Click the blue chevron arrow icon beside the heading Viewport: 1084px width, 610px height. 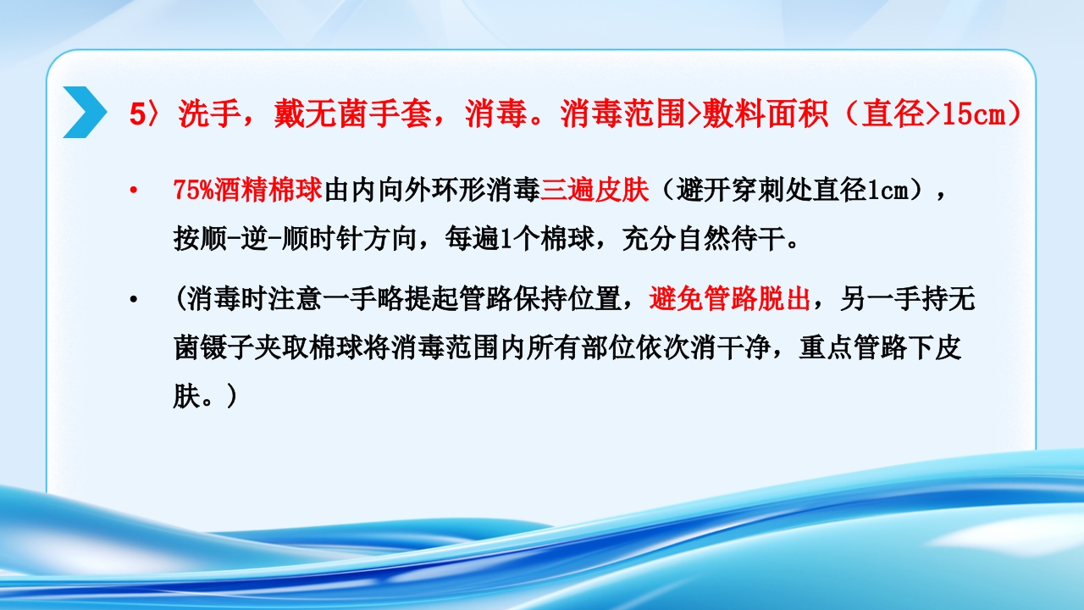(85, 113)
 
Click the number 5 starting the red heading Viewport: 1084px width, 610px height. (137, 115)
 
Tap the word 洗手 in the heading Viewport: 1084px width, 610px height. (202, 115)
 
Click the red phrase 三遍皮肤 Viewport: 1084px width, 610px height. (595, 191)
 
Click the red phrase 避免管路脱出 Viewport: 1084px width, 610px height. (730, 299)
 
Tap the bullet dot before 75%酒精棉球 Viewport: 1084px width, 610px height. (133, 191)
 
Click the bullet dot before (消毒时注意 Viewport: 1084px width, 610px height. (133, 300)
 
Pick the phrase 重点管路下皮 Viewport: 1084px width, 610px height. (880, 348)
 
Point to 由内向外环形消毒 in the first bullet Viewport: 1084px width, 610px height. (432, 191)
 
